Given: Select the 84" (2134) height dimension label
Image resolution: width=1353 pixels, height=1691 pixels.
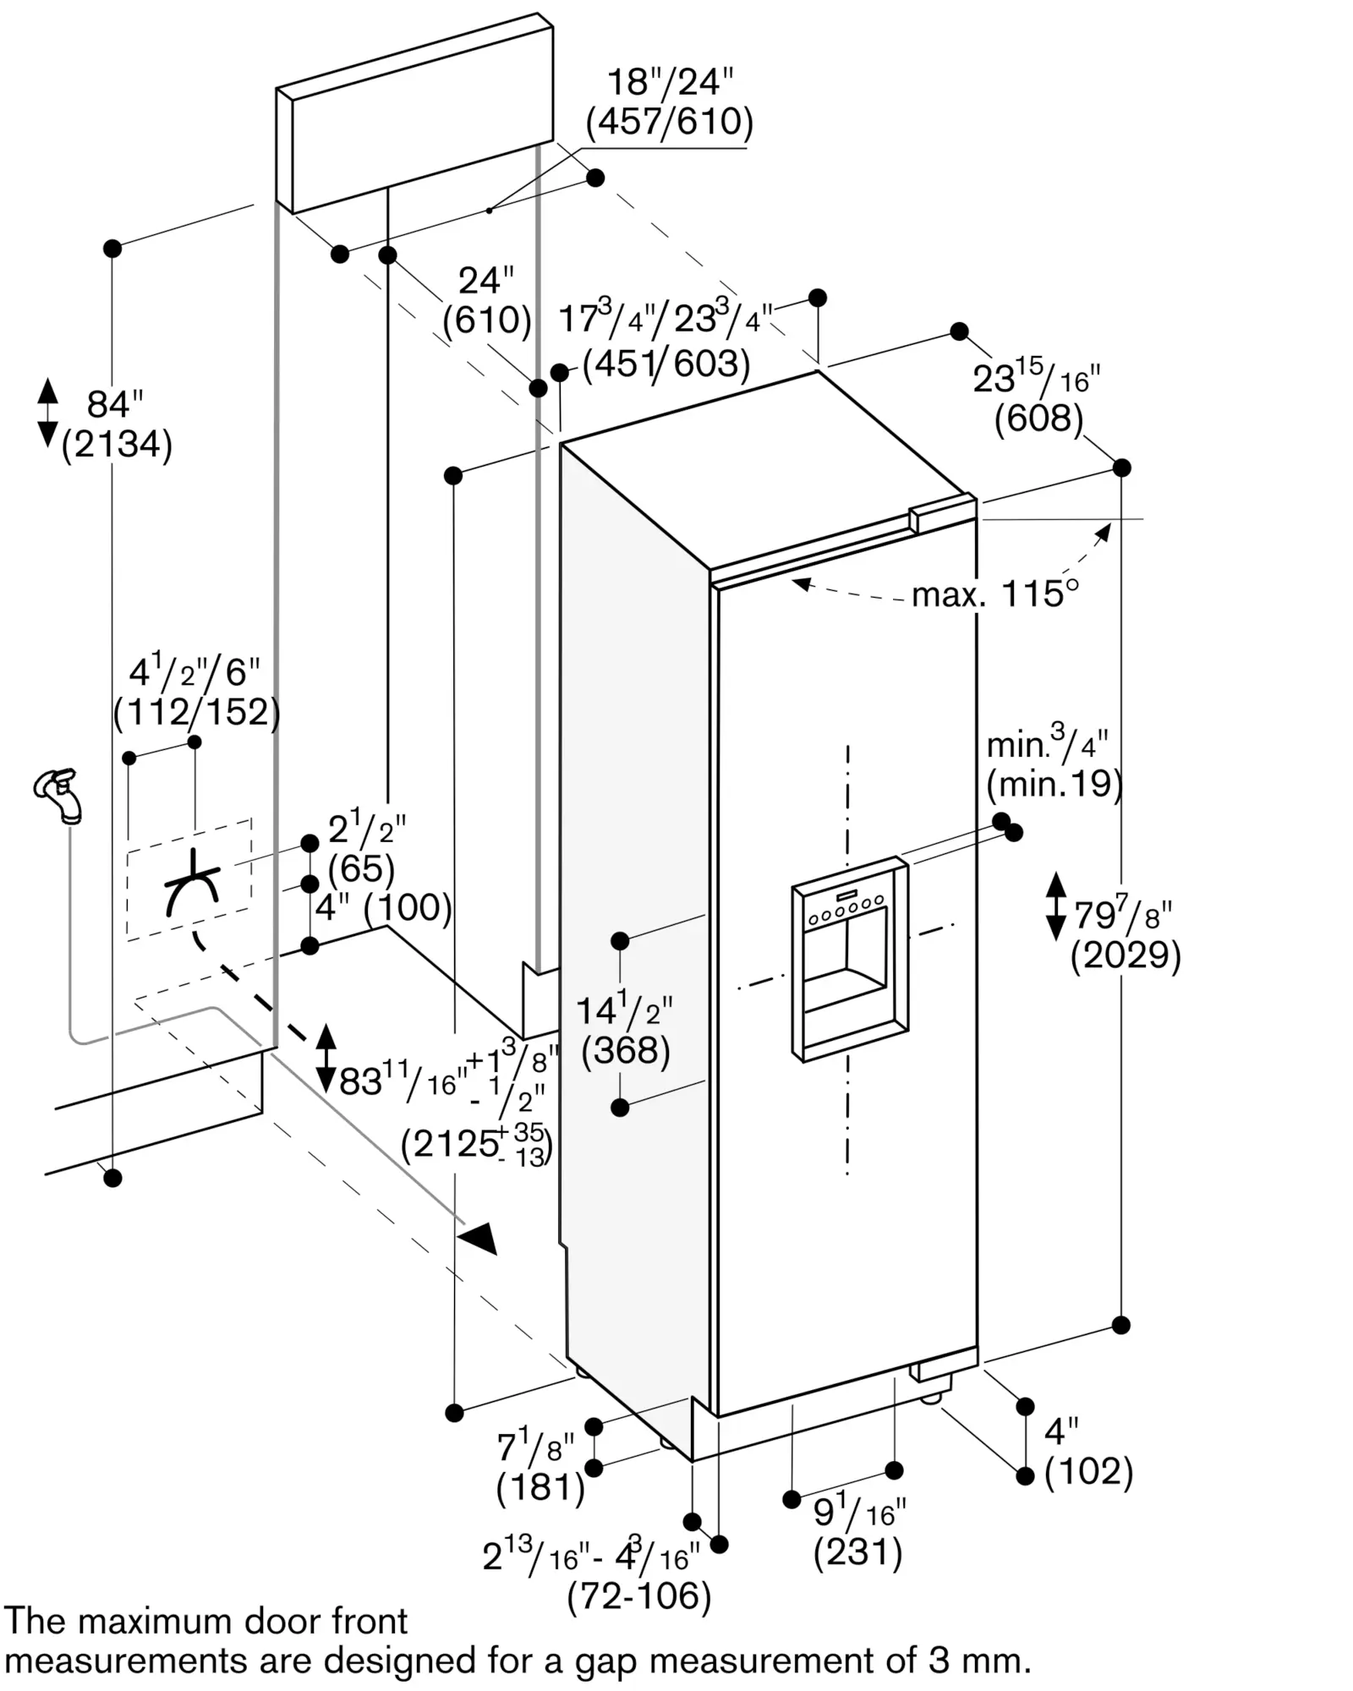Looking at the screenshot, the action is [x=117, y=425].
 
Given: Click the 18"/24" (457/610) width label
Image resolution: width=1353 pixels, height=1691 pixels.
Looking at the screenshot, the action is [x=670, y=102].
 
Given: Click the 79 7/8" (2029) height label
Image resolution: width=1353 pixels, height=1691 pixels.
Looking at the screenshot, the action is [x=1126, y=934].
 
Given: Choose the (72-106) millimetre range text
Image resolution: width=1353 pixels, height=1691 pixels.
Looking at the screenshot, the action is [x=639, y=1597].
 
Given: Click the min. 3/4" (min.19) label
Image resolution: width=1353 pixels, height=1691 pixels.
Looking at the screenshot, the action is [x=1054, y=766].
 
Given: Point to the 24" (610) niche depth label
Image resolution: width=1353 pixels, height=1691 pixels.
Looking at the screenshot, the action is [x=487, y=301].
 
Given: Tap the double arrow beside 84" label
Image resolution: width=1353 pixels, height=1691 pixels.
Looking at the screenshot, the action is [x=48, y=413].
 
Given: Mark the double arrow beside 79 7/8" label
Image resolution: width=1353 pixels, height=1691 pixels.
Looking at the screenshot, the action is [x=1056, y=907].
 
